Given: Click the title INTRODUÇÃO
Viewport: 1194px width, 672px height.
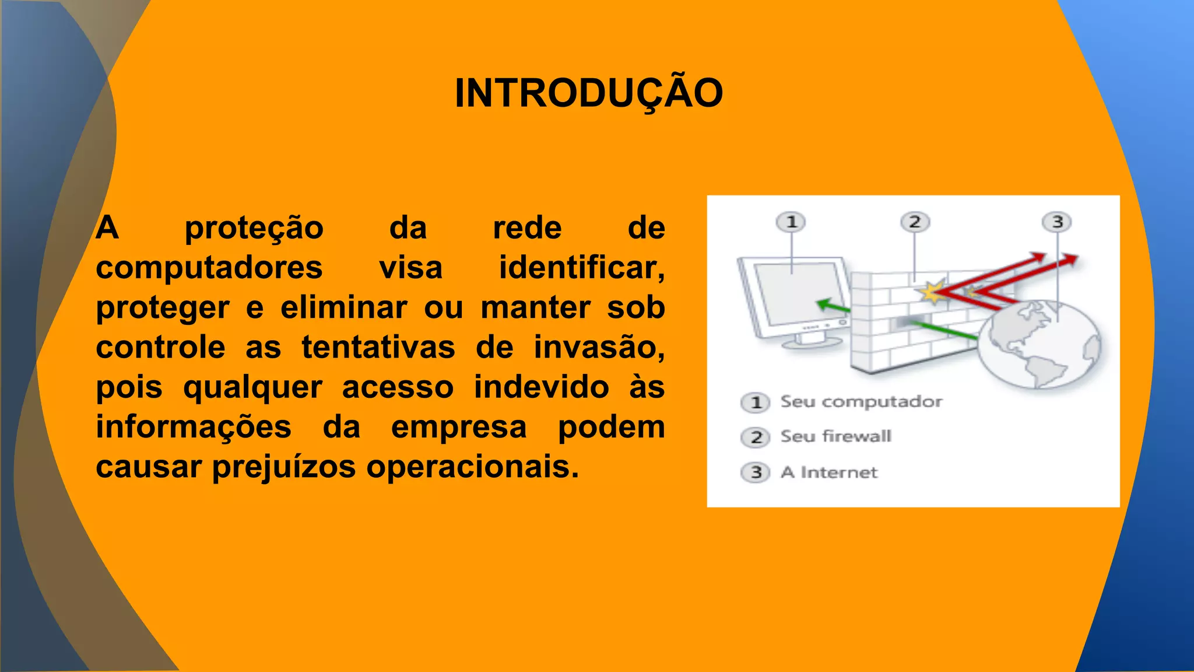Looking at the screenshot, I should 589,93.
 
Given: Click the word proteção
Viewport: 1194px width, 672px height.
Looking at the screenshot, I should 254,228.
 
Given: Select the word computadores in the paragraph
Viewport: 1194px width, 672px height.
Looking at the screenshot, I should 209,268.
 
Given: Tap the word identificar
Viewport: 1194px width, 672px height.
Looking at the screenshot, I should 581,268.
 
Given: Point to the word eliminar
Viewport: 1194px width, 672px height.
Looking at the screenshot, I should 343,308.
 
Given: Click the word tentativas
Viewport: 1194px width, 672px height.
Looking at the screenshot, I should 378,348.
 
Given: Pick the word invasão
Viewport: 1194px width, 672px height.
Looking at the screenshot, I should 599,348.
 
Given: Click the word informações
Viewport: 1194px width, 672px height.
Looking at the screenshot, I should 194,427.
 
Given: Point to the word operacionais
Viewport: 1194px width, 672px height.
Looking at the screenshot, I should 472,467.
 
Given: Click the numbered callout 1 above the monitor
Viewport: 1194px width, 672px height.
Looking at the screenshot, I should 791,222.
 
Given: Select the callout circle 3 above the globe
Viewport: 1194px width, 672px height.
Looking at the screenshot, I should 1057,222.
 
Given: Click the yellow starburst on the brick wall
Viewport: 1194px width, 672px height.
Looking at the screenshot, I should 932,292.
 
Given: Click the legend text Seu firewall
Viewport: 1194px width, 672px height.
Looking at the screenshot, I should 835,436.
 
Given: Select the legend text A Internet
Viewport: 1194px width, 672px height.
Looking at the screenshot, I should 828,472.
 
